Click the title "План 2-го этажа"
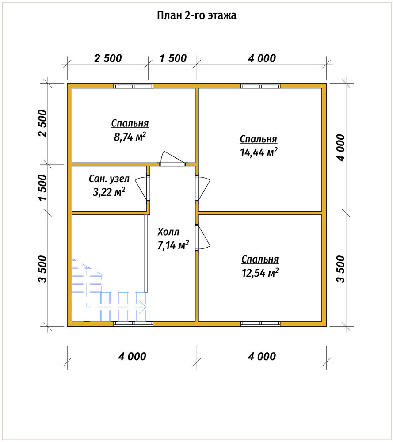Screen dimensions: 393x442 pyautogui.click(x=196, y=15)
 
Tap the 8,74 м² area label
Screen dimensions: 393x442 pyautogui.click(x=130, y=137)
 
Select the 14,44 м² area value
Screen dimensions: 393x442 pyautogui.click(x=259, y=152)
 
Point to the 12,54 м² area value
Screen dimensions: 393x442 pyautogui.click(x=260, y=273)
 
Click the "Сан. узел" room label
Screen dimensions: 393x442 pyautogui.click(x=109, y=179)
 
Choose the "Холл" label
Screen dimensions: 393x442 pyautogui.click(x=168, y=232)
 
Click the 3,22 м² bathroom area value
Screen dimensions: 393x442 pyautogui.click(x=109, y=192)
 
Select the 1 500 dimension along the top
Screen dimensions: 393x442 pyautogui.click(x=173, y=58)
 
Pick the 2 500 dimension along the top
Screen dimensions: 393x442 pyautogui.click(x=108, y=58)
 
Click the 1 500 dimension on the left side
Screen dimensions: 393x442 pyautogui.click(x=43, y=187)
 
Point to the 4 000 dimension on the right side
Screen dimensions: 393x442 pyautogui.click(x=340, y=148)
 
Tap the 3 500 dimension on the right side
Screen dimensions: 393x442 pyautogui.click(x=340, y=269)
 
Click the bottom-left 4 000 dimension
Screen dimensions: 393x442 pyautogui.click(x=132, y=357)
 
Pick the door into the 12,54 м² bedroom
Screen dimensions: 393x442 pyautogui.click(x=203, y=237)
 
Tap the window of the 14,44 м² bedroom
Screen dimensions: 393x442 pyautogui.click(x=260, y=86)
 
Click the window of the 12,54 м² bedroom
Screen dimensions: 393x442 pyautogui.click(x=260, y=324)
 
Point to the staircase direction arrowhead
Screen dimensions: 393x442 pyautogui.click(x=143, y=306)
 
